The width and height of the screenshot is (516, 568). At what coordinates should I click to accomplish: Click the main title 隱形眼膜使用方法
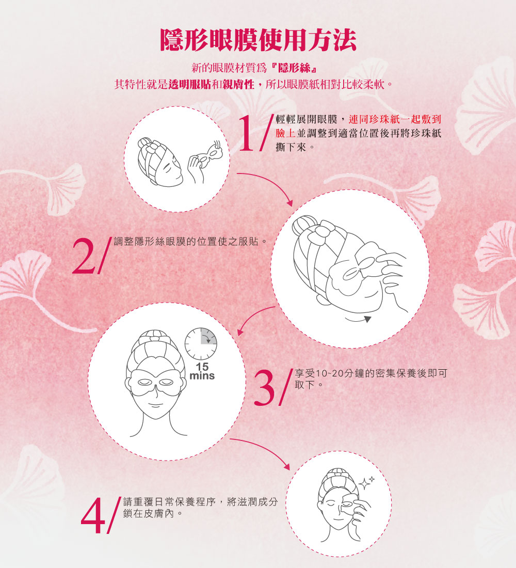258,40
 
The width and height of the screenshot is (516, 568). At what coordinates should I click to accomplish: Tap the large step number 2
83,256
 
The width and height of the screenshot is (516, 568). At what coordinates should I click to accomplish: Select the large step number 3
265,387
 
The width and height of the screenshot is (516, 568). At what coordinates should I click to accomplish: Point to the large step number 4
93,516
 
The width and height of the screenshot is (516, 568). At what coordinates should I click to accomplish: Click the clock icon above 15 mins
201,344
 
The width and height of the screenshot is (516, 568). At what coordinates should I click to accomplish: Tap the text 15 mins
202,371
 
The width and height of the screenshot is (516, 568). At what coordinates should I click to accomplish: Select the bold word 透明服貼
189,84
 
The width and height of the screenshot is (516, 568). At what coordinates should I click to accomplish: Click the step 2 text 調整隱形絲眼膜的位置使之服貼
188,242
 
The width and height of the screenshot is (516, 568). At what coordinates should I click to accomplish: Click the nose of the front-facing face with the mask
156,392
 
